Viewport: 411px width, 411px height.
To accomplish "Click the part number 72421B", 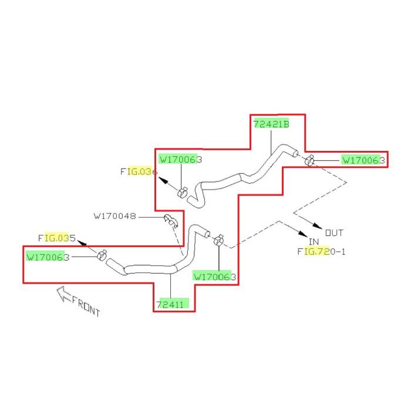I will (x=271, y=124).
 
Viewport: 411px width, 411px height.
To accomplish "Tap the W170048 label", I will (x=115, y=216).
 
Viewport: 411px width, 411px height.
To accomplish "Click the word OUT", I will (x=335, y=232).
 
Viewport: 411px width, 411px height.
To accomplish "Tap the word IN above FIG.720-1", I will (x=314, y=241).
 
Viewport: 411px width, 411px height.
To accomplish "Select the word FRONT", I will (x=86, y=306).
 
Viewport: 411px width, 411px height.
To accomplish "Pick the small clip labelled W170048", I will (x=170, y=220).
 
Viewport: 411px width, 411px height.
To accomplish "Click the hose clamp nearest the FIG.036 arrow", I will (x=183, y=192).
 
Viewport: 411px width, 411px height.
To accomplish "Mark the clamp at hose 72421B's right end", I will (x=309, y=159).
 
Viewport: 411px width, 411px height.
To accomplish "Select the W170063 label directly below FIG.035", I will (x=49, y=257).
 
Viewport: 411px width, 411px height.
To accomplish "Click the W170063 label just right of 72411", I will (x=214, y=277).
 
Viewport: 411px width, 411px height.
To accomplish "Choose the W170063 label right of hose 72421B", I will (x=363, y=160).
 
